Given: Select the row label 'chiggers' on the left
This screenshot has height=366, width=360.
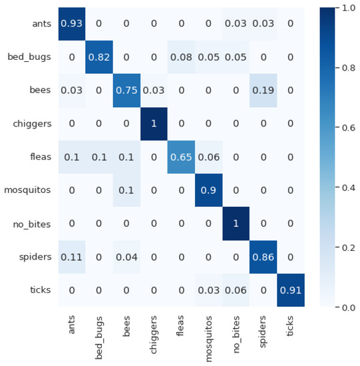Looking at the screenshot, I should [31, 124].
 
